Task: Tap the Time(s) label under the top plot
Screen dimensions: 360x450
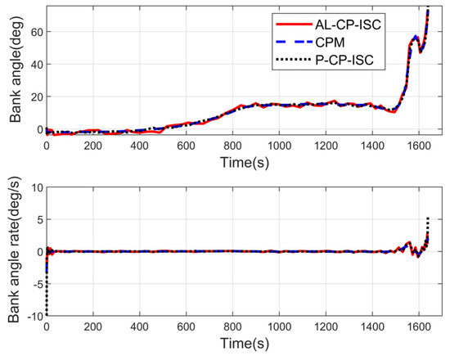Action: (x=245, y=161)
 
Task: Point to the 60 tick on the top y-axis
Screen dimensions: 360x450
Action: (x=34, y=32)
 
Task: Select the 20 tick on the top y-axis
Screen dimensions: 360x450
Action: (x=34, y=97)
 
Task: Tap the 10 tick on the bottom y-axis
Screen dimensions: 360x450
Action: (x=34, y=187)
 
